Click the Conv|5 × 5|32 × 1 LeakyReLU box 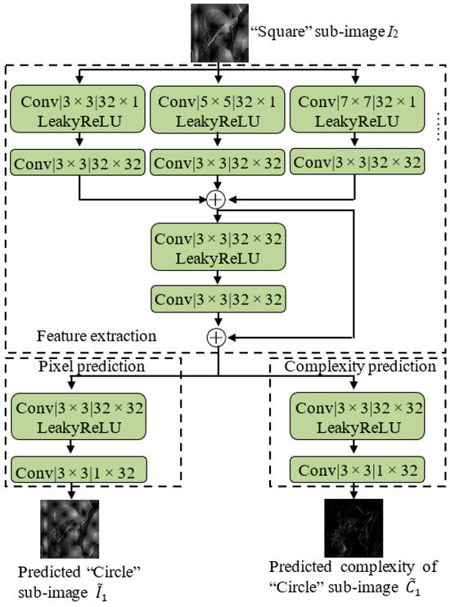tap(218, 110)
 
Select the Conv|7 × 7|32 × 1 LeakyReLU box tap(358, 110)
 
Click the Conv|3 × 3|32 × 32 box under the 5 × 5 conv tap(218, 162)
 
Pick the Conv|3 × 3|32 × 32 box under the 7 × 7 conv tap(358, 162)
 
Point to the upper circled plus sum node tap(218, 199)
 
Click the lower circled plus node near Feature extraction tap(218, 335)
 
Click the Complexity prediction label tap(360, 367)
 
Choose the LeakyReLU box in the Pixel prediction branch tap(78, 417)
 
